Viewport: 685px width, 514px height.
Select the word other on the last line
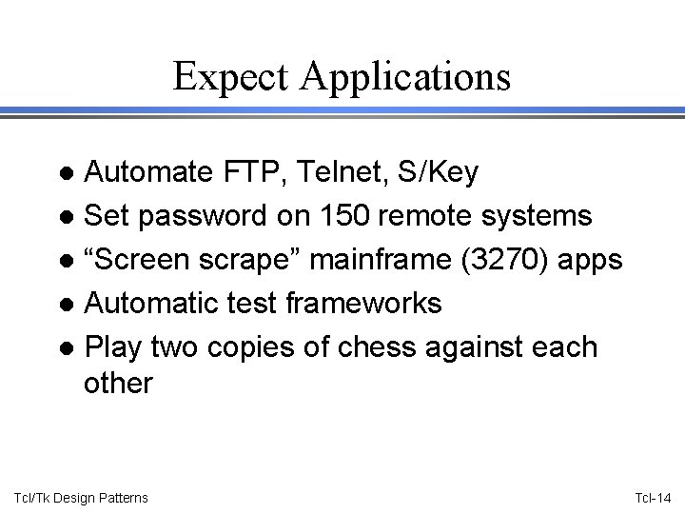pos(118,383)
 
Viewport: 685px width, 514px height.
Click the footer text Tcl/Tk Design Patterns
pos(82,498)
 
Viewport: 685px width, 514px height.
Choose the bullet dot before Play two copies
pos(68,348)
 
